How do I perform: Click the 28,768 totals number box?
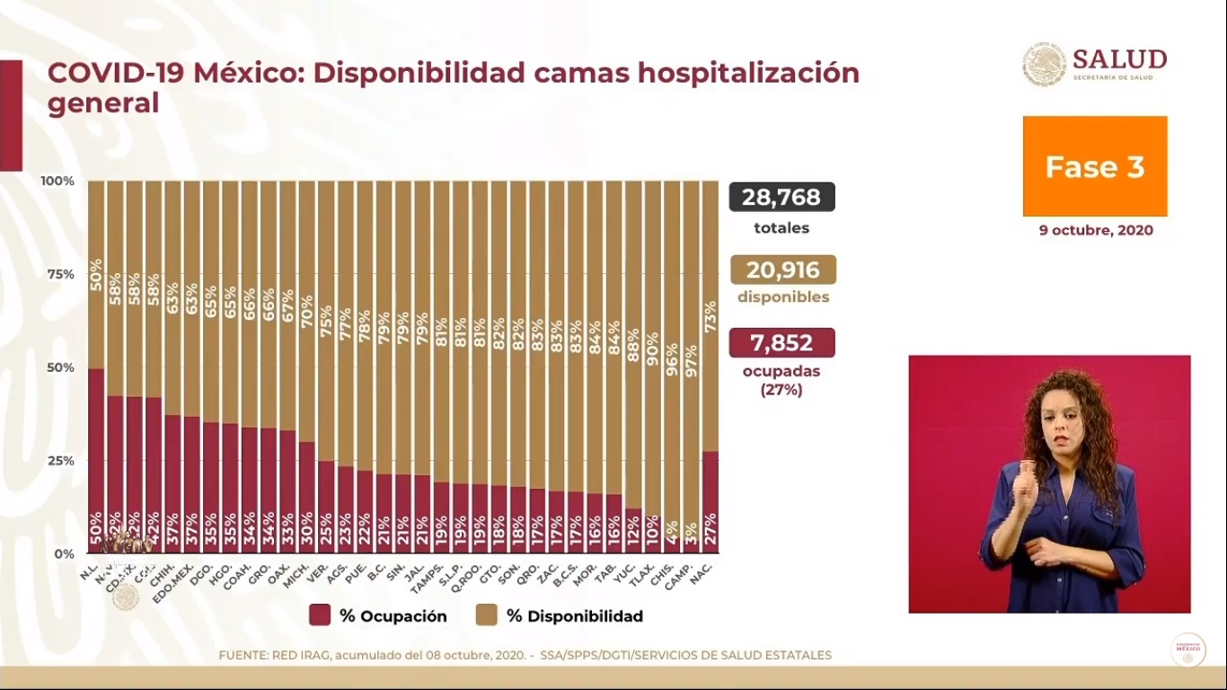[x=781, y=197]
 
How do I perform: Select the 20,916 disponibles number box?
[x=782, y=270]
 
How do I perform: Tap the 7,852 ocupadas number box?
[x=781, y=342]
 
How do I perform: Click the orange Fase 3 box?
[x=1095, y=166]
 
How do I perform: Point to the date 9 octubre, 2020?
[x=1096, y=230]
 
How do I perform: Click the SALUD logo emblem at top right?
[x=1044, y=64]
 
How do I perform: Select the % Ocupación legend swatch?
[x=320, y=615]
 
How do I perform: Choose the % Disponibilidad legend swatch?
[x=487, y=615]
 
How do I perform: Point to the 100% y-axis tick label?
[x=57, y=181]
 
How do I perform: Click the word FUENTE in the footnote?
[x=243, y=655]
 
